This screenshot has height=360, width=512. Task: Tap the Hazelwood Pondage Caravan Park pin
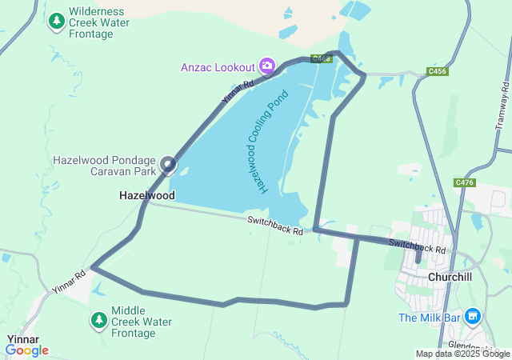168,165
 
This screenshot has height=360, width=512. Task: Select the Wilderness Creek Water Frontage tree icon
56,22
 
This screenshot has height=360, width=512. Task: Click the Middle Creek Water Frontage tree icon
98,321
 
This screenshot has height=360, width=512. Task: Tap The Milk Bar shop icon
473,318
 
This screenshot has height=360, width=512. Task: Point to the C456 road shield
437,71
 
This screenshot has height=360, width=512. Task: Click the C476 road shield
464,182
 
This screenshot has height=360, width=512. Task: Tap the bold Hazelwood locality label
146,195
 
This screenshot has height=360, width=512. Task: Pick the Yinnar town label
23,339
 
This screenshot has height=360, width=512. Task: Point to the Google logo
26,350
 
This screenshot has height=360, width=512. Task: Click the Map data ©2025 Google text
462,354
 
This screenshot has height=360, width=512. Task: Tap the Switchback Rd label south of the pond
274,226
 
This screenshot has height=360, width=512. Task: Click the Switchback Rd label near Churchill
417,246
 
